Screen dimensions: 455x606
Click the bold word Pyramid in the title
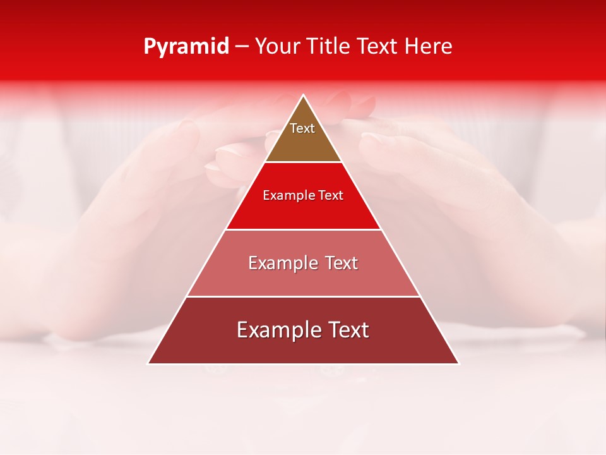pos(186,47)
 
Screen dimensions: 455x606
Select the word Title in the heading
pos(331,47)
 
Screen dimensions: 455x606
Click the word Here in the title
pos(429,47)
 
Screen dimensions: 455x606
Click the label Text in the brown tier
pos(302,128)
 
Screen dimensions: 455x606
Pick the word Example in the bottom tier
pos(275,330)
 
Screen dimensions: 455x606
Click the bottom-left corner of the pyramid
pos(149,363)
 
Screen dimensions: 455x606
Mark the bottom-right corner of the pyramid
pos(458,363)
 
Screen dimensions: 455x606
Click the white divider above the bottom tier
pos(303,296)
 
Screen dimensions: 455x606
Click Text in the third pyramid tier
pos(341,263)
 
